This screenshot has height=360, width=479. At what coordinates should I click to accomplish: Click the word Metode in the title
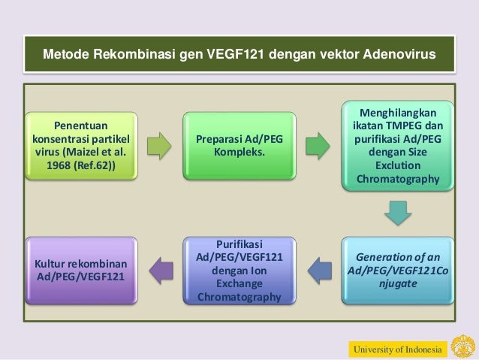[x=65, y=56]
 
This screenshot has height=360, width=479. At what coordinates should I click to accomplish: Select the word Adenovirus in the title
[x=398, y=56]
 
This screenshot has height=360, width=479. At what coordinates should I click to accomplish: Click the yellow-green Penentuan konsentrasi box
[x=81, y=146]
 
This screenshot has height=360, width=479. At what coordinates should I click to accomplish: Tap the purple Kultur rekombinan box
[x=81, y=271]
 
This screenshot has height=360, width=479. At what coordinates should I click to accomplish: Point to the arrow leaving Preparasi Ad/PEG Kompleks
[x=319, y=146]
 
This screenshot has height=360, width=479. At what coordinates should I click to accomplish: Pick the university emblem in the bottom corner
[x=462, y=346]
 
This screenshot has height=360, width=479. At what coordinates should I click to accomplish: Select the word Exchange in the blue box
[x=239, y=283]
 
